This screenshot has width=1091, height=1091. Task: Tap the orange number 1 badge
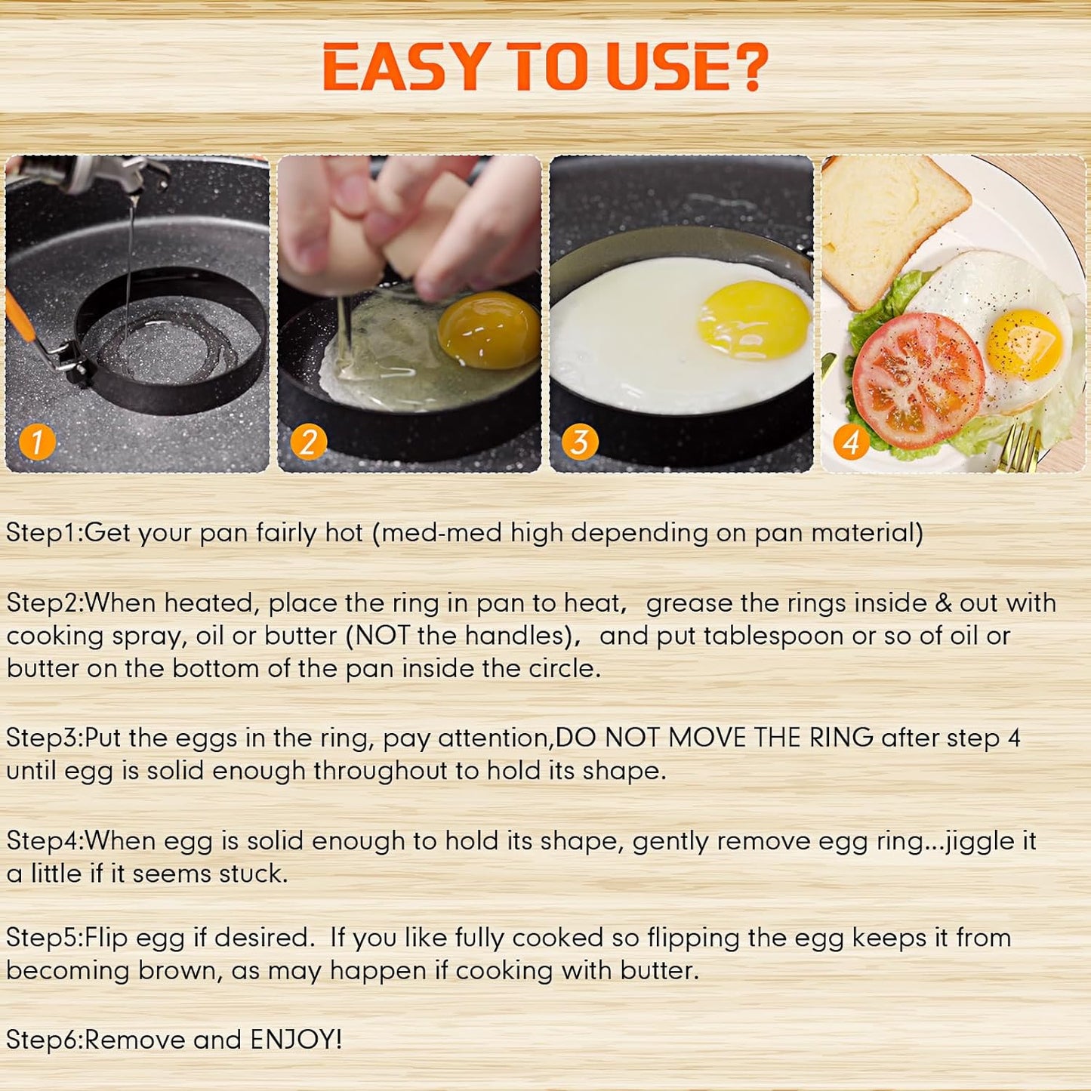[37, 441]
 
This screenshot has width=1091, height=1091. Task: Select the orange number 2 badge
[309, 441]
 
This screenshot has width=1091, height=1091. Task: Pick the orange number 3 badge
[580, 441]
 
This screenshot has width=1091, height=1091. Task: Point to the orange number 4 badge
[851, 442]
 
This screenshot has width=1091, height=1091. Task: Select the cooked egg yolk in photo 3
[754, 319]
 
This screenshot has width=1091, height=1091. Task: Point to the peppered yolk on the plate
[1025, 344]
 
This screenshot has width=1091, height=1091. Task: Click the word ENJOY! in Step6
[296, 1040]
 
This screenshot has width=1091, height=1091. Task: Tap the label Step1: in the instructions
[45, 533]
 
